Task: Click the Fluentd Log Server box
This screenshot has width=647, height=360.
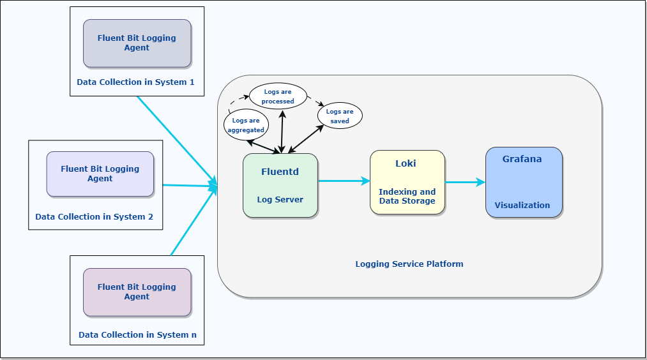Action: pos(280,185)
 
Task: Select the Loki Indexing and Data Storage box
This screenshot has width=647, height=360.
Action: pos(407,182)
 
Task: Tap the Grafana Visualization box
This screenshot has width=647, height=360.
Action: pos(524,183)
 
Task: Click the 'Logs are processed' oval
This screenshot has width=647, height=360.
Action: pos(278,96)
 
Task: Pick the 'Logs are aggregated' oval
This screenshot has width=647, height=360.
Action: pos(246,125)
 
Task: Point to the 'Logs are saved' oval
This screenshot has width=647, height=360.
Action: pos(340,116)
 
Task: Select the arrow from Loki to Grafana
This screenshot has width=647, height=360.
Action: pos(465,183)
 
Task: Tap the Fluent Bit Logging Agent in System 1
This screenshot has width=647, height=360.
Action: pos(137,43)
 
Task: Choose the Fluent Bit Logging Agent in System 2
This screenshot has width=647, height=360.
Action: pos(100,174)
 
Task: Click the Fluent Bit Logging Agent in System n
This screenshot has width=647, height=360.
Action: pos(137,292)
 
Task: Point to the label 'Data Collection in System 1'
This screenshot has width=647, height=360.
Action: pos(135,82)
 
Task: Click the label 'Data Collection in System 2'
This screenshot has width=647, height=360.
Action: pos(94,217)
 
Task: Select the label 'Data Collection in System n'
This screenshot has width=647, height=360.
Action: pos(137,335)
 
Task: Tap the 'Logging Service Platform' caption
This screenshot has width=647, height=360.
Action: pos(409,264)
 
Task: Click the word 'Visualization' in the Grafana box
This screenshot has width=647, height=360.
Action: pos(522,206)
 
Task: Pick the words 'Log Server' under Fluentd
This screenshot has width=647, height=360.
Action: pos(280,200)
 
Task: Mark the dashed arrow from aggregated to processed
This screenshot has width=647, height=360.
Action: pos(236,102)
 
